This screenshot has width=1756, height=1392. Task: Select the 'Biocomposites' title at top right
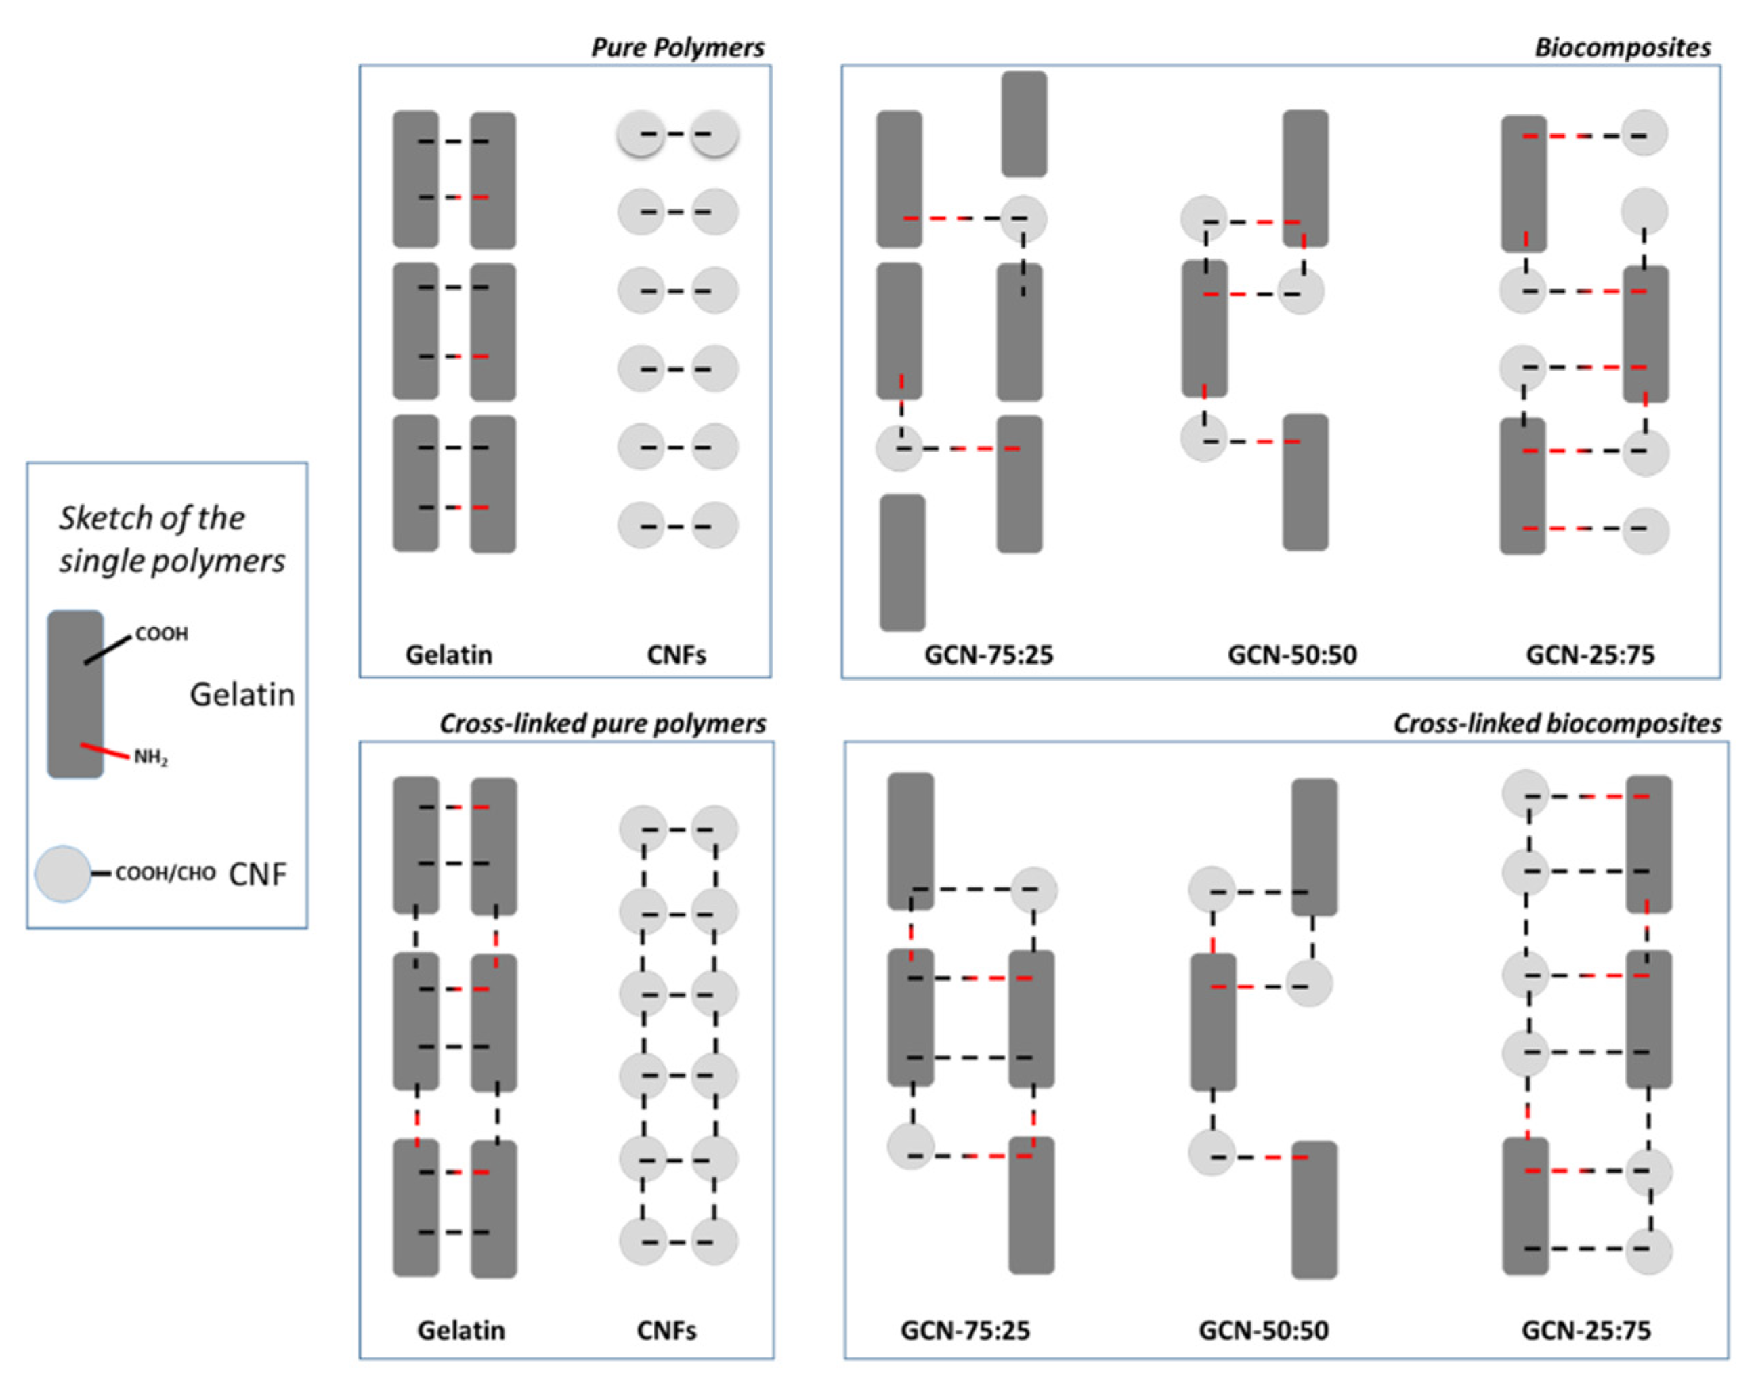1622,47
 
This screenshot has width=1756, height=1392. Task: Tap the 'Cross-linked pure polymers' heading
603,723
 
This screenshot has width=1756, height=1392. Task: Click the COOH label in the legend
161,634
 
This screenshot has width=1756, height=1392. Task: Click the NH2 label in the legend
150,757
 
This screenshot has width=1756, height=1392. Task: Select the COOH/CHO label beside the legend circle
165,873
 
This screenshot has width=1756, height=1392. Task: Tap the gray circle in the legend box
63,873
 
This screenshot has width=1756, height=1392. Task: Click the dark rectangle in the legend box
75,694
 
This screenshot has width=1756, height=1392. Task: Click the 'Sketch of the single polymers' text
171,539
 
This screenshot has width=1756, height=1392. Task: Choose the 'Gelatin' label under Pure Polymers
449,654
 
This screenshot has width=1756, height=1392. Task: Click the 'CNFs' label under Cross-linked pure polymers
666,1330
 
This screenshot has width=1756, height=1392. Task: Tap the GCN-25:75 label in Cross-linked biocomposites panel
1586,1330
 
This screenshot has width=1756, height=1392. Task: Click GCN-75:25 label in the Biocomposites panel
988,654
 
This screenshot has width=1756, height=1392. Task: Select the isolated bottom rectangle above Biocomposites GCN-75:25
903,562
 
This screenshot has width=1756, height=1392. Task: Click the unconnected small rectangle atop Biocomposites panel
1024,124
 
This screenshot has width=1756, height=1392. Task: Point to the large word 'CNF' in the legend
257,874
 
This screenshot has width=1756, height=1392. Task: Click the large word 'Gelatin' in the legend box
242,695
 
